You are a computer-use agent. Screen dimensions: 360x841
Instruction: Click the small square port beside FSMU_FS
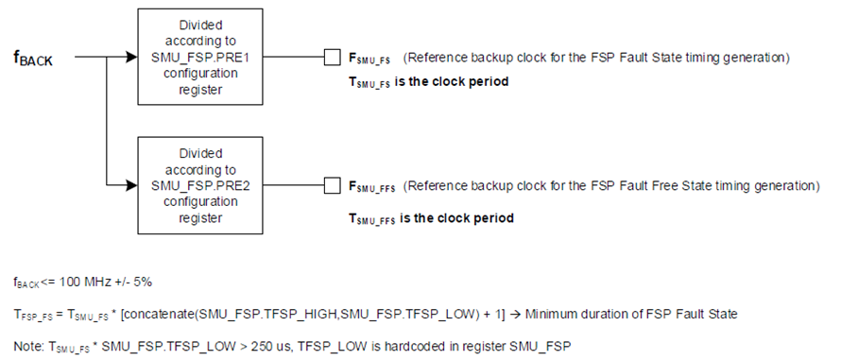click(332, 58)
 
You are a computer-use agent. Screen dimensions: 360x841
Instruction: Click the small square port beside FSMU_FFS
click(332, 184)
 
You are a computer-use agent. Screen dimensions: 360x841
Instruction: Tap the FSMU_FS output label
click(370, 59)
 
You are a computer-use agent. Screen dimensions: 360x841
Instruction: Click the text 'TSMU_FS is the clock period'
click(429, 82)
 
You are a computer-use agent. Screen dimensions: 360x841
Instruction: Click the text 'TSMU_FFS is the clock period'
click(432, 218)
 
